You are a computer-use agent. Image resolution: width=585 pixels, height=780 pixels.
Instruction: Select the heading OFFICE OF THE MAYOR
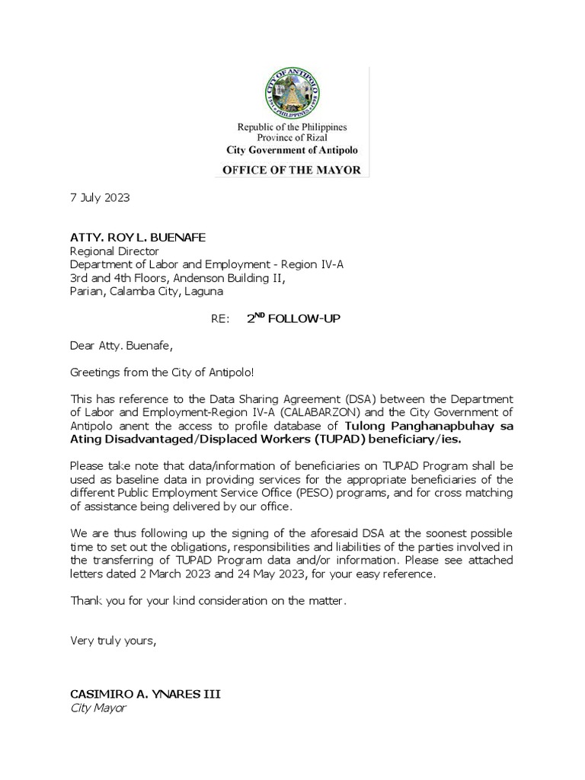pyautogui.click(x=292, y=170)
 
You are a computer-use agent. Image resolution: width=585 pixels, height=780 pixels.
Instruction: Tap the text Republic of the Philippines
pyautogui.click(x=292, y=126)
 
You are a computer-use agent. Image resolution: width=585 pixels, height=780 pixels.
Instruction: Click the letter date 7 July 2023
pyautogui.click(x=100, y=197)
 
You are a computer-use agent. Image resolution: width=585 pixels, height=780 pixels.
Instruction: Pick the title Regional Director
pyautogui.click(x=115, y=250)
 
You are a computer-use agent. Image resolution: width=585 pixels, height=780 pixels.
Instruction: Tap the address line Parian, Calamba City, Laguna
pyautogui.click(x=147, y=291)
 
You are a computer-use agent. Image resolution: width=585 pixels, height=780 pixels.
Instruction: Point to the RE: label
pyautogui.click(x=219, y=319)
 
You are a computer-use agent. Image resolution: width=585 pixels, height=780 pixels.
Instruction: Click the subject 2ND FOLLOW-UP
pyautogui.click(x=293, y=318)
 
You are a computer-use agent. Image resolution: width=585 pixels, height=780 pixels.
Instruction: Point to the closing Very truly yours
pyautogui.click(x=113, y=641)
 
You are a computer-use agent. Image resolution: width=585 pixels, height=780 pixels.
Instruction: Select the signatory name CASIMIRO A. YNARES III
pyautogui.click(x=148, y=695)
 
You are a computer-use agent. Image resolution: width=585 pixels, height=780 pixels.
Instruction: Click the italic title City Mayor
pyautogui.click(x=98, y=708)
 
